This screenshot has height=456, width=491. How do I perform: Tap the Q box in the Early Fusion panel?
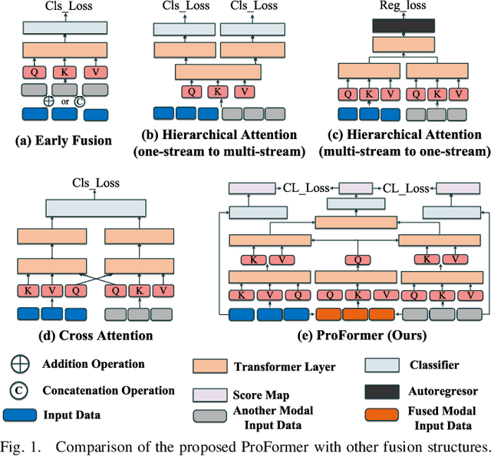pos(33,73)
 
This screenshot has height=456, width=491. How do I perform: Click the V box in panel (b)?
pos(244,92)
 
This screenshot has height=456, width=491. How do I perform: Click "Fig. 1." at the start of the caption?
pos(21,445)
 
